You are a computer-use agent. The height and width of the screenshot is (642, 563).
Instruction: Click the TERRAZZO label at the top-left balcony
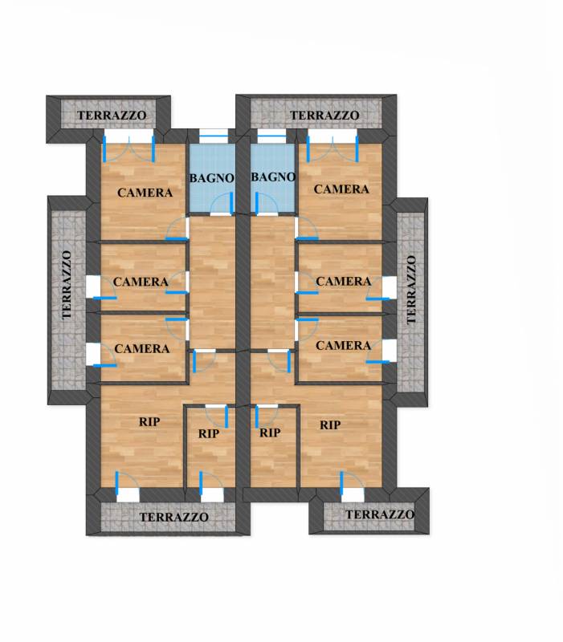pyautogui.click(x=112, y=116)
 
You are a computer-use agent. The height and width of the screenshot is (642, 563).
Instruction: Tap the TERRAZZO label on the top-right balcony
pyautogui.click(x=324, y=116)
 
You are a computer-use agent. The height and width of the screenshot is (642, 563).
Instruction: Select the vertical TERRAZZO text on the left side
pyautogui.click(x=67, y=285)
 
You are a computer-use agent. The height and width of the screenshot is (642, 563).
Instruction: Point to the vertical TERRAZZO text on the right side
pyautogui.click(x=411, y=290)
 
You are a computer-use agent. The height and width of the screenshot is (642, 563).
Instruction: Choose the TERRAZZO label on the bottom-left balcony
pyautogui.click(x=173, y=517)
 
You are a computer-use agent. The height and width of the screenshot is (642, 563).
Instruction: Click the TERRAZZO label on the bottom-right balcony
pyautogui.click(x=380, y=514)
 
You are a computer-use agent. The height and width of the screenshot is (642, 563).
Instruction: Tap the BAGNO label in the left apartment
pyautogui.click(x=211, y=178)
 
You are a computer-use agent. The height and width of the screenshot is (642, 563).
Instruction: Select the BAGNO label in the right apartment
pyautogui.click(x=273, y=177)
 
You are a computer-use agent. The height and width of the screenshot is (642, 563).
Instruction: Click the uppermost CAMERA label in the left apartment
pyautogui.click(x=145, y=193)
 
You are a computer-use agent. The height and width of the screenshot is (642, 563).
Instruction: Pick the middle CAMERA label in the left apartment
pyautogui.click(x=141, y=282)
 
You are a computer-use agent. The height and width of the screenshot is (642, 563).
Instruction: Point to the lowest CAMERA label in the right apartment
pyautogui.click(x=343, y=346)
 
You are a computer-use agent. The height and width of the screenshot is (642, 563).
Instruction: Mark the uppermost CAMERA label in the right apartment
pyautogui.click(x=341, y=189)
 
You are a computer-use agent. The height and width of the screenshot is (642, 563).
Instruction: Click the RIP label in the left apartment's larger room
pyautogui.click(x=149, y=422)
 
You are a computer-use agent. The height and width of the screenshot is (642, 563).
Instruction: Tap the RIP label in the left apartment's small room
pyautogui.click(x=209, y=433)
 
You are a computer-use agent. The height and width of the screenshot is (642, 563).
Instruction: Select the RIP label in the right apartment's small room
pyautogui.click(x=270, y=433)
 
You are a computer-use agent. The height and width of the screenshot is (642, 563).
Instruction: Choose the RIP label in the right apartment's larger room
pyautogui.click(x=330, y=425)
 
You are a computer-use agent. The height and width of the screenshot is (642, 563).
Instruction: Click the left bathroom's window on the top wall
pyautogui.click(x=213, y=136)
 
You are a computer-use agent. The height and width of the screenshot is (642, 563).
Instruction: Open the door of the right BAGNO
pyautogui.click(x=267, y=204)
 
